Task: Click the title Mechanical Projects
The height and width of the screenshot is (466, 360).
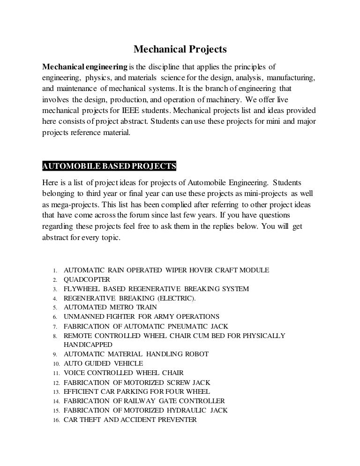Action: pyautogui.click(x=180, y=49)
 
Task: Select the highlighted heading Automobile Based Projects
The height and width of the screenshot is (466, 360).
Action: pyautogui.click(x=109, y=166)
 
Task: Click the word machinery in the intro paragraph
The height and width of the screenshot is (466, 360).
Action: pyautogui.click(x=221, y=98)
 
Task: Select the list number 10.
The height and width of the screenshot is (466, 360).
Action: pyautogui.click(x=54, y=364)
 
